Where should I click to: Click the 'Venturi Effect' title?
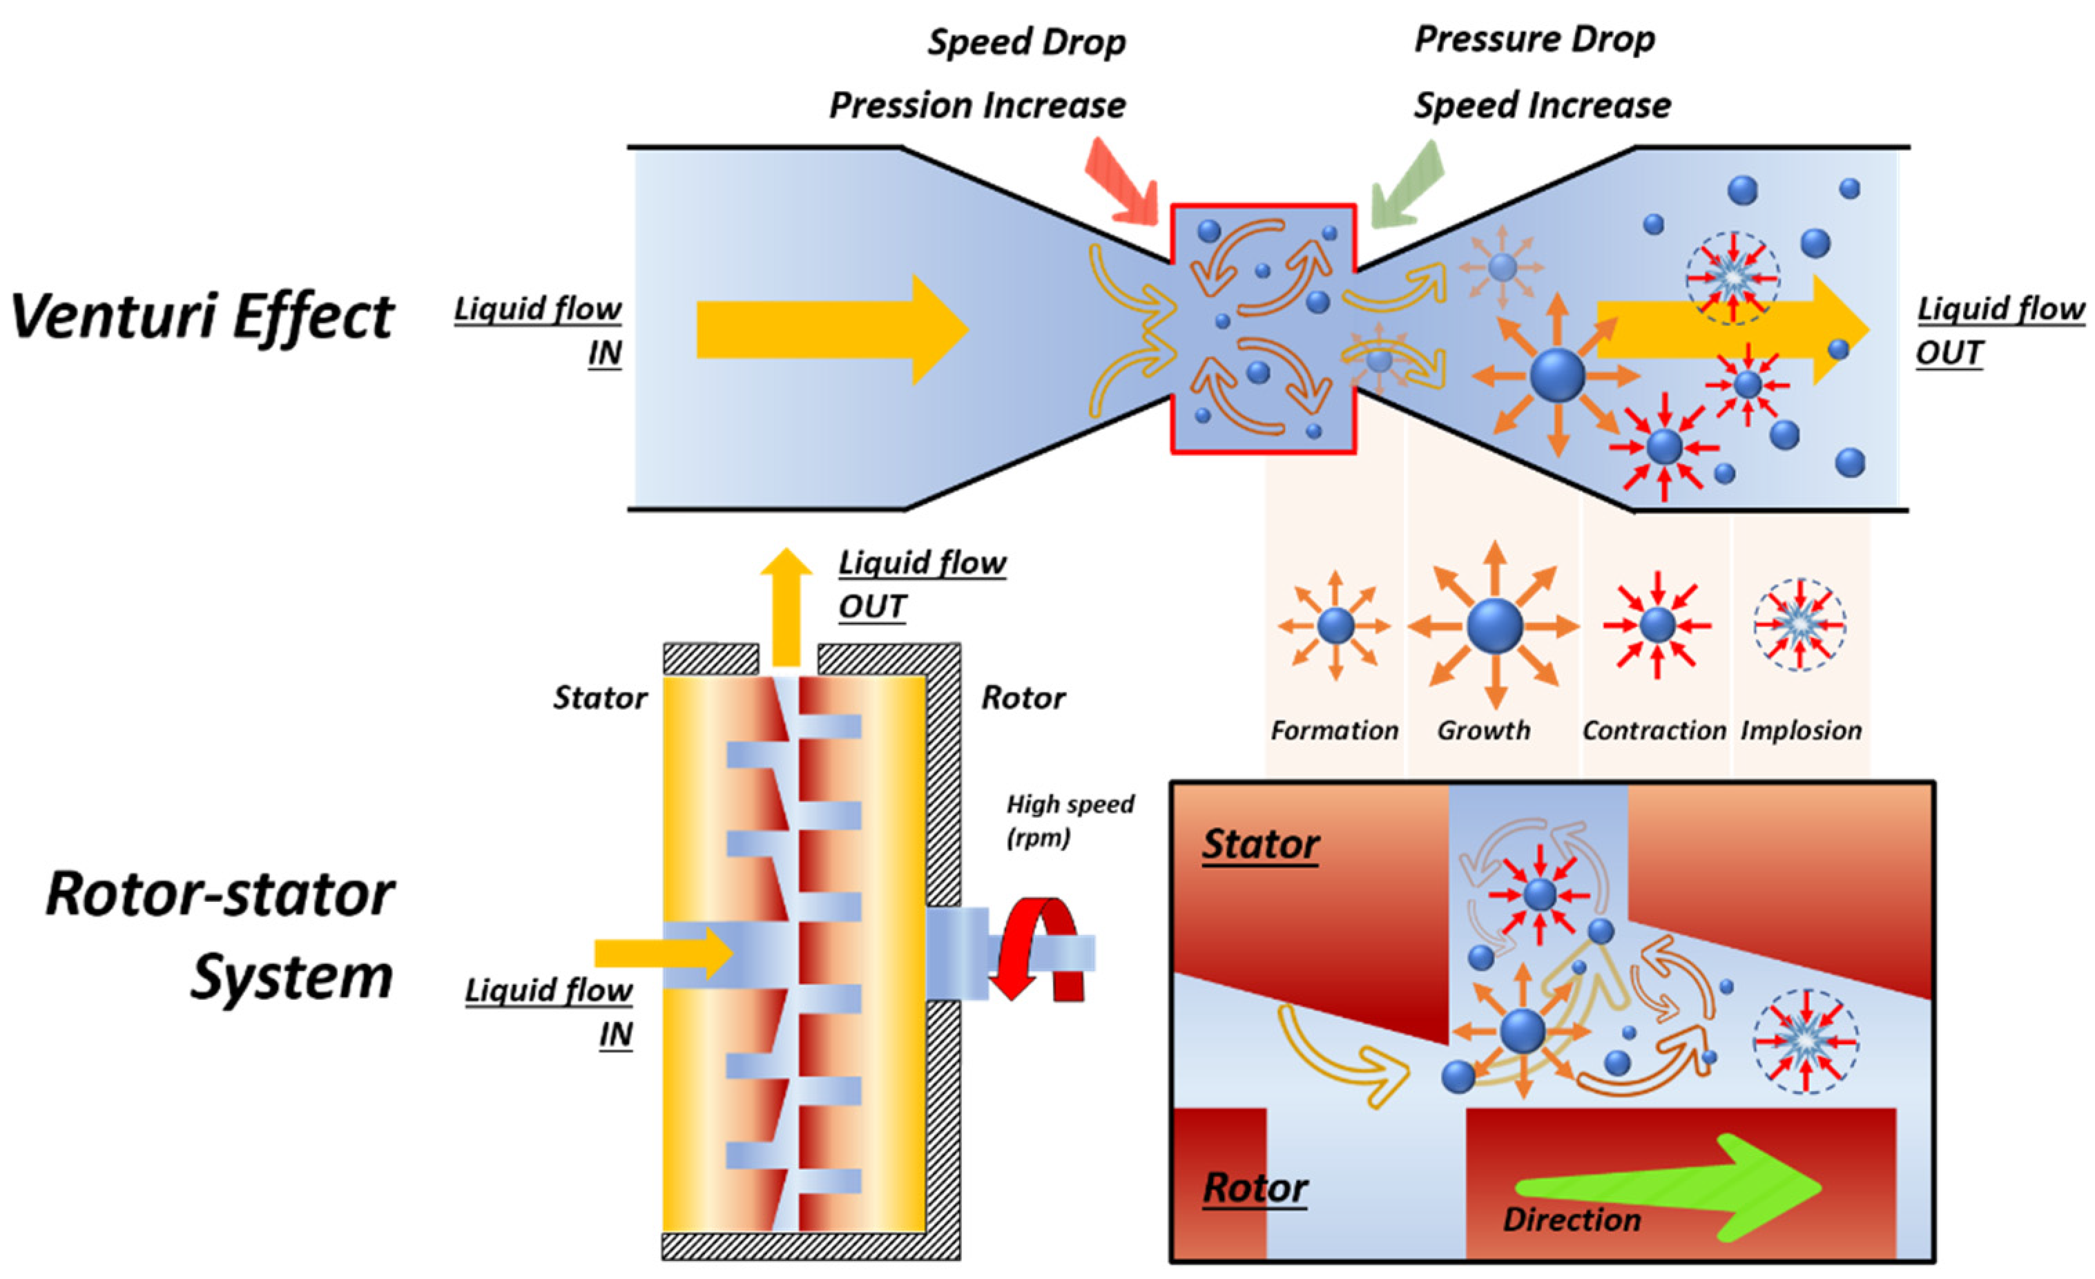click(x=202, y=316)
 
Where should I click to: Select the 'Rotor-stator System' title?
click(x=220, y=936)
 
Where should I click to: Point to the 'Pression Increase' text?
click(x=977, y=106)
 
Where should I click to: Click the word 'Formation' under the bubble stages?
click(x=1334, y=730)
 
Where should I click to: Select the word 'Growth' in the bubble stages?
click(x=1484, y=730)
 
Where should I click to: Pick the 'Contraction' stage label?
click(x=1654, y=730)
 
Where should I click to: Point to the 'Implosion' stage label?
click(x=1801, y=730)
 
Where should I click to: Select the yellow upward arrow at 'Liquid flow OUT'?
click(x=786, y=604)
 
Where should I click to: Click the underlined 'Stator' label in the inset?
click(x=1260, y=844)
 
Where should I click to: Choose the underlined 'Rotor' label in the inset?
click(x=1255, y=1187)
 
